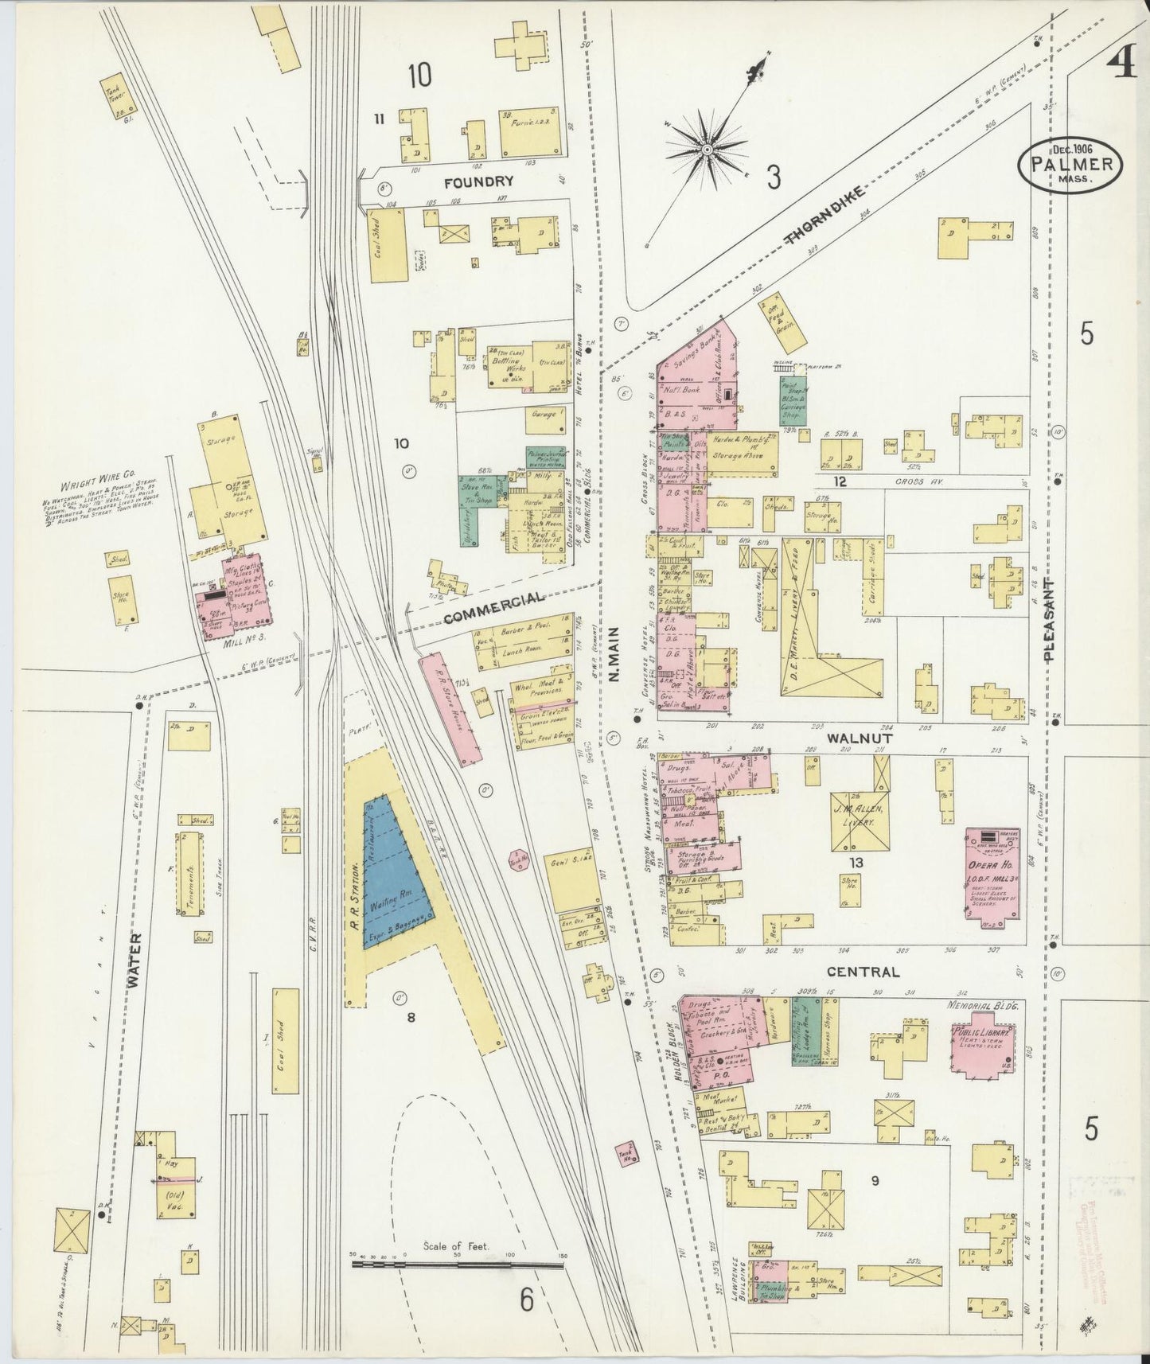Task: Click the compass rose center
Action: pyautogui.click(x=706, y=149)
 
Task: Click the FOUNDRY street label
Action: pyautogui.click(x=478, y=181)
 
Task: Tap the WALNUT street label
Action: pyautogui.click(x=850, y=738)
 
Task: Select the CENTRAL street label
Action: pyautogui.click(x=863, y=972)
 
